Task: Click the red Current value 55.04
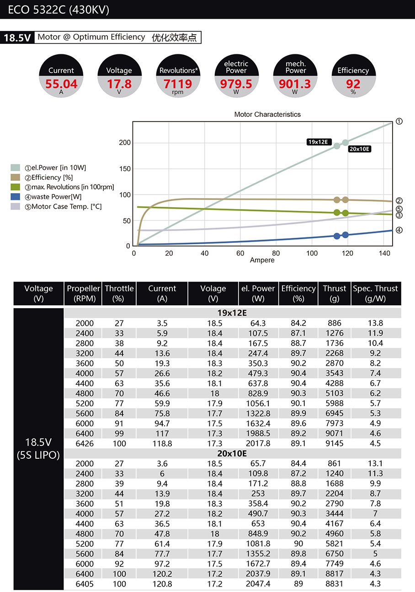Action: (61, 84)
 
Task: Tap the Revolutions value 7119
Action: (178, 84)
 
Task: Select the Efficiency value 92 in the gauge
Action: (353, 84)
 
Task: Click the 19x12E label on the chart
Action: (319, 142)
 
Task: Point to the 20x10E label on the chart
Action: (359, 149)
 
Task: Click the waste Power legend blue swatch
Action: (16, 197)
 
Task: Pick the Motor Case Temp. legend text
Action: (63, 206)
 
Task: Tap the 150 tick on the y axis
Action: (125, 168)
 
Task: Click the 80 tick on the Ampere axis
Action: (276, 253)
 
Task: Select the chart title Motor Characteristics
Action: (267, 115)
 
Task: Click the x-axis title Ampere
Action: (262, 260)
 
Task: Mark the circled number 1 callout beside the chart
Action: (399, 121)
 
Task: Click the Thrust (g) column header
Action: (334, 293)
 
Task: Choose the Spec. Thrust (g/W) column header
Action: (376, 293)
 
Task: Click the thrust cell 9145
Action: (334, 443)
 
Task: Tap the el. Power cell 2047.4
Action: (258, 583)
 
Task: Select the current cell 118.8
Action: (162, 444)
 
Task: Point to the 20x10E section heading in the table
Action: (232, 454)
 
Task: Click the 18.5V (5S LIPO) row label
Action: (38, 449)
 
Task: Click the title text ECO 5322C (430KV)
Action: (59, 10)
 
